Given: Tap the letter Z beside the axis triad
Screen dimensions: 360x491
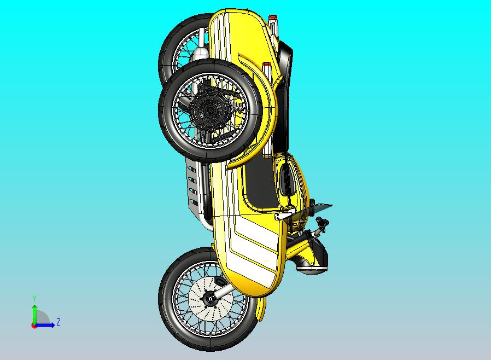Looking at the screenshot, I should click(x=59, y=322).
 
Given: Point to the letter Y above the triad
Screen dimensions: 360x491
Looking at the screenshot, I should click(x=34, y=298).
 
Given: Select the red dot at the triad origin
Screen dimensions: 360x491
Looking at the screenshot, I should click(x=34, y=326).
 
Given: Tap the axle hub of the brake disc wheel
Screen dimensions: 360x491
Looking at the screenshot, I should click(x=209, y=298).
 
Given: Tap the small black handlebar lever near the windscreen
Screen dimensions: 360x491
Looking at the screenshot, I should click(x=322, y=223).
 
